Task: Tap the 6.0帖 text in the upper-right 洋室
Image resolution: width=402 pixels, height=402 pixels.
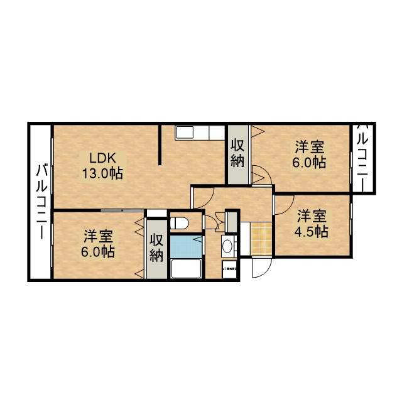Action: coord(310,162)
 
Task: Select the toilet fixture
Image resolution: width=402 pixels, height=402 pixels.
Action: coord(180,222)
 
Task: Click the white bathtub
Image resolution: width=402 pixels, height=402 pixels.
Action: coord(185,269)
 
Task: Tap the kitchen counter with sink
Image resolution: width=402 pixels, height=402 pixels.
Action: coord(198,134)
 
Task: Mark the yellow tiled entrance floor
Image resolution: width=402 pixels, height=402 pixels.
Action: coord(259,238)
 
